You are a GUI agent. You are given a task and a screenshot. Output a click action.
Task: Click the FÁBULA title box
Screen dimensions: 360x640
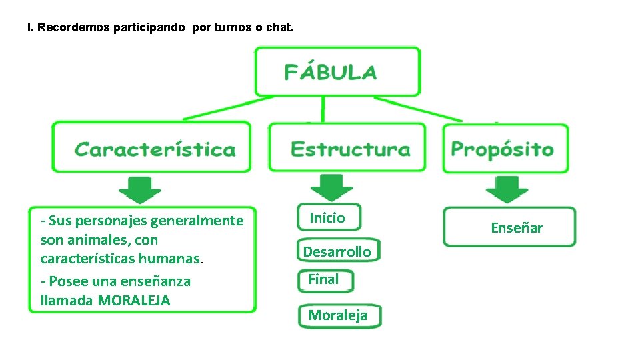point(337,71)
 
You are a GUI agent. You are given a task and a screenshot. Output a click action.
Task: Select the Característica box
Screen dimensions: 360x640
point(152,147)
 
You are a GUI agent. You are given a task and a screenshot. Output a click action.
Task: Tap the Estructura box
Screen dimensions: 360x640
point(347,147)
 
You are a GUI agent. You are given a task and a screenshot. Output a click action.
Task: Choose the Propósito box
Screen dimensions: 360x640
point(505,147)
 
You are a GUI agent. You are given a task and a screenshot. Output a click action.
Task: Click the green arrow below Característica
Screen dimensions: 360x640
point(140,189)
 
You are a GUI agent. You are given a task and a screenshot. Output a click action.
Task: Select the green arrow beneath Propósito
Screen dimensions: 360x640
point(507,189)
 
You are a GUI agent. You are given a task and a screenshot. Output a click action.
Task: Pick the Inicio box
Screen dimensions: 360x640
point(328,217)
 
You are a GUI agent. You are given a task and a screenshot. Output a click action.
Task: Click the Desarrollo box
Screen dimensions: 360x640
point(337,251)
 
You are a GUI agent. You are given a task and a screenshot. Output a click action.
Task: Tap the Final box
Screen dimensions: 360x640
point(325,280)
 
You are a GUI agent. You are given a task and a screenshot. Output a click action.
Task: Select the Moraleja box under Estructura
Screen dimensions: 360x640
point(339,316)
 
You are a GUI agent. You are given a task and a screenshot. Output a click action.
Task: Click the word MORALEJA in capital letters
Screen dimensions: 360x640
point(133,301)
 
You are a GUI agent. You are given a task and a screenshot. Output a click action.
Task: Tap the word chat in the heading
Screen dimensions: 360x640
point(277,29)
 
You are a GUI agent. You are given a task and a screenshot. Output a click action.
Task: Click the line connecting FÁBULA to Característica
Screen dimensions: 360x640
point(220,109)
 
